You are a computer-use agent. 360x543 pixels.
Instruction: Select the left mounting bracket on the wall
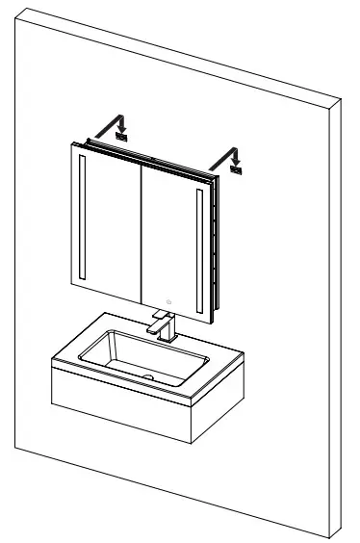(x=122, y=138)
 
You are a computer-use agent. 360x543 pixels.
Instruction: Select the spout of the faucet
(x=155, y=329)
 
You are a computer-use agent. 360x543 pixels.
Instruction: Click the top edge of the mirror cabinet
(x=144, y=154)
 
